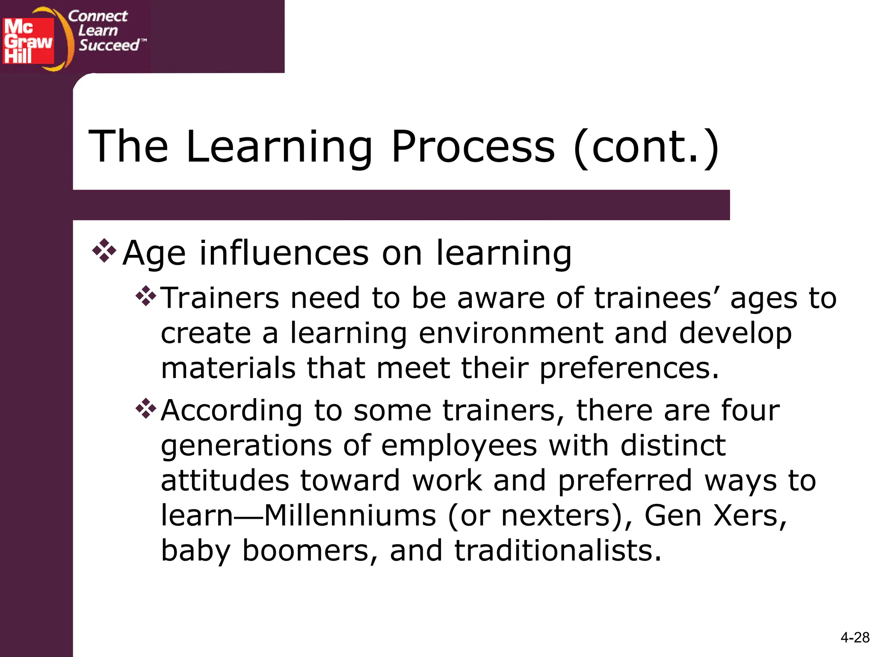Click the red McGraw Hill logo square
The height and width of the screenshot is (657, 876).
pyautogui.click(x=28, y=41)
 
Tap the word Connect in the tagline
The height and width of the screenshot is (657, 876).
pyautogui.click(x=98, y=16)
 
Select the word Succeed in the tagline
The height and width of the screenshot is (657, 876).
pyautogui.click(x=109, y=45)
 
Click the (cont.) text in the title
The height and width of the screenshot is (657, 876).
pyautogui.click(x=646, y=147)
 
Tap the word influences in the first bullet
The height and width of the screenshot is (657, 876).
pyautogui.click(x=284, y=253)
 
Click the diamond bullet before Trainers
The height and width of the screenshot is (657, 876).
pyautogui.click(x=146, y=296)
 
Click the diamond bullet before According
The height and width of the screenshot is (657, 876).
pyautogui.click(x=146, y=408)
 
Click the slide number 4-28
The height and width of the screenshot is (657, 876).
pyautogui.click(x=855, y=637)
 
